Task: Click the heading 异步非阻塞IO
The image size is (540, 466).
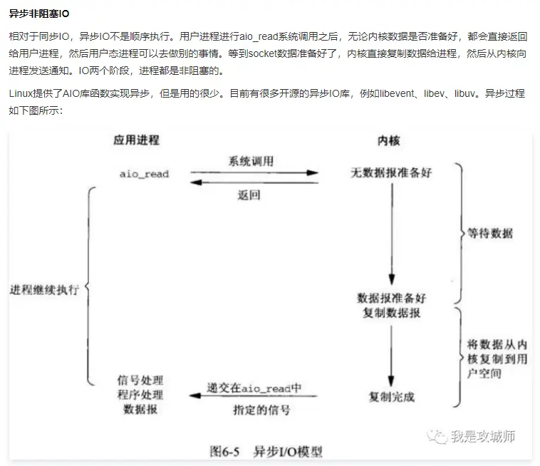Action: (39, 14)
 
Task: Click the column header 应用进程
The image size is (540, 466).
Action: (136, 140)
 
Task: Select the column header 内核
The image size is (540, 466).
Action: (388, 140)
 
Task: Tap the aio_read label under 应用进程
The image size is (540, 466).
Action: (143, 173)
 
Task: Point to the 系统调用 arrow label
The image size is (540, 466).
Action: (250, 161)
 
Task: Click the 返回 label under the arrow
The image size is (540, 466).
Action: (249, 195)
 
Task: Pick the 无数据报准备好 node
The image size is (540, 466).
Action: (391, 173)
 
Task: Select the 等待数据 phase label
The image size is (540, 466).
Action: (489, 233)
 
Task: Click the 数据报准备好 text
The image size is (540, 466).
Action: (391, 297)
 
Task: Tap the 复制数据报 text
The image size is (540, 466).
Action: (391, 313)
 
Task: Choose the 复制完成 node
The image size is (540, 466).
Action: (391, 396)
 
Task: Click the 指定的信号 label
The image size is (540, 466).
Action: (261, 410)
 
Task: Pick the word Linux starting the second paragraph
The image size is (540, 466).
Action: (21, 93)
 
